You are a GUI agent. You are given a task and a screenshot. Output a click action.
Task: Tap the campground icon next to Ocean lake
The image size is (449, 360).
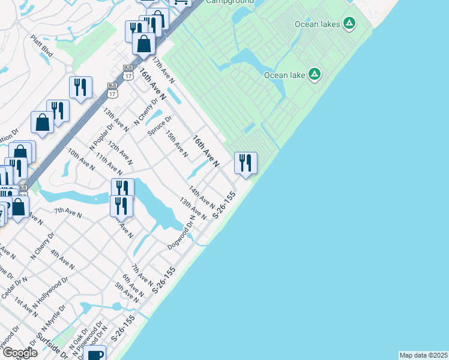click(314, 75)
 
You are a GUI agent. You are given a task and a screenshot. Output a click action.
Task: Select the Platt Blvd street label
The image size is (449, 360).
click(42, 45)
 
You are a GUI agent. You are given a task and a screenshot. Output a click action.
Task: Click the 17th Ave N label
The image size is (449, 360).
click(163, 70)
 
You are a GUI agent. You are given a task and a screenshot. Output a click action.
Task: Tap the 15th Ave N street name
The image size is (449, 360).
click(178, 145)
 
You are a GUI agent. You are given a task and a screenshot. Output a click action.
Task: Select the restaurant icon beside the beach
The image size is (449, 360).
click(246, 163)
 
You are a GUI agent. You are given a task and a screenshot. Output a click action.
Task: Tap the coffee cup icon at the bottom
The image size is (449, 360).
click(95, 354)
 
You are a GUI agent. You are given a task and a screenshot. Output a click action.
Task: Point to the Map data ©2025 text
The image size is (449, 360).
click(423, 355)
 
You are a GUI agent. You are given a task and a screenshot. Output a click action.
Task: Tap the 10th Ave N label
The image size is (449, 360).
click(80, 160)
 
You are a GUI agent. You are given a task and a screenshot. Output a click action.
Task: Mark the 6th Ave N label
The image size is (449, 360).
click(133, 286)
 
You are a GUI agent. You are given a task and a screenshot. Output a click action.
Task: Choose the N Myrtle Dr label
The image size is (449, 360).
click(53, 317)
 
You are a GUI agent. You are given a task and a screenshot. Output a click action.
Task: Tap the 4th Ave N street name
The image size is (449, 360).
click(62, 260)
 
